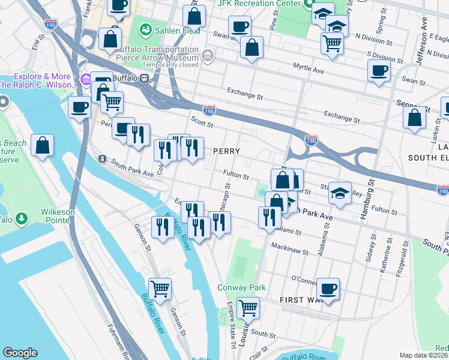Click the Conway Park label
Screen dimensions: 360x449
pos(241,287)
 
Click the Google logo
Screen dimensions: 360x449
pos(20,353)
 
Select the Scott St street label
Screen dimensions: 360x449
pos(202,122)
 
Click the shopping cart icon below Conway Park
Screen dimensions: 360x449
pos(248,308)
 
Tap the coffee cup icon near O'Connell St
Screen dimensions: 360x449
pos(328,289)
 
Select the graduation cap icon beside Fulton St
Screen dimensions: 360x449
pos(340,193)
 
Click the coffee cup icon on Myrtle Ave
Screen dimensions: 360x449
pos(379,71)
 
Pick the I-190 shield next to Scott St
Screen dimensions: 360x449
pos(209,111)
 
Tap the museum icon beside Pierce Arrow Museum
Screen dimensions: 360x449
pos(208,56)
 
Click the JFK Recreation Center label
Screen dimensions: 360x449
pos(259,4)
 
